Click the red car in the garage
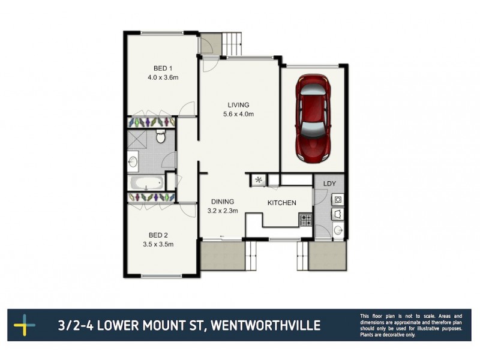point(313,118)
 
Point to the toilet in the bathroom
point(161,137)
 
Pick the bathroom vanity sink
point(133,161)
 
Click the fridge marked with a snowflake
point(258,179)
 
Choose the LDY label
point(329,184)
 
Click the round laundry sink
point(338,229)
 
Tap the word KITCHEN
point(282,203)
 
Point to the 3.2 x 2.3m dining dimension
point(223,211)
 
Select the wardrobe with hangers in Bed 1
point(151,122)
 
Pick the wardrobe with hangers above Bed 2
point(151,197)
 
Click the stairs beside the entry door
point(233,42)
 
